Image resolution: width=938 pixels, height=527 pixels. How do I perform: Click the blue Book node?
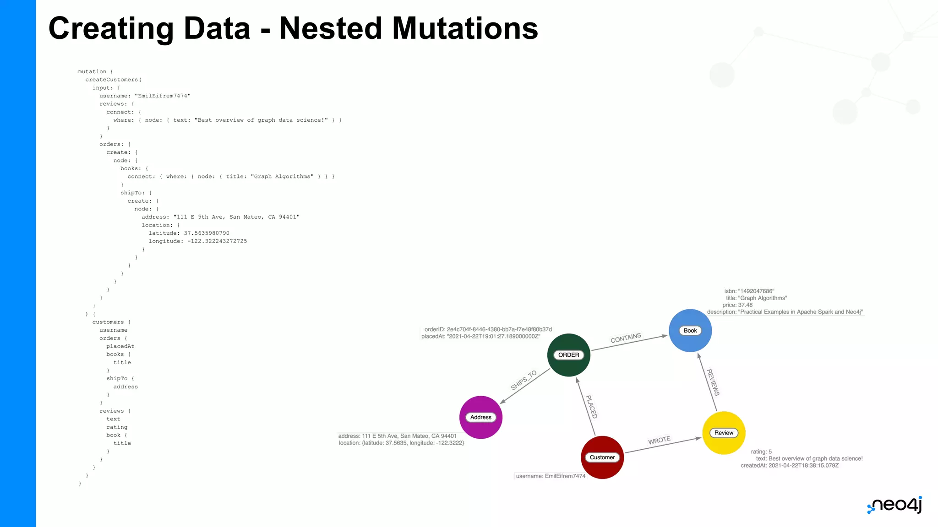690,331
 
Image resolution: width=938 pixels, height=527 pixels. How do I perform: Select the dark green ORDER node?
568,355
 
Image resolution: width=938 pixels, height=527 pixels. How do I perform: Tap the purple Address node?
480,417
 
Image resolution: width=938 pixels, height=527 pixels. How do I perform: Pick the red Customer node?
602,457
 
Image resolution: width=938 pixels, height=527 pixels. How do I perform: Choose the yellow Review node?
724,433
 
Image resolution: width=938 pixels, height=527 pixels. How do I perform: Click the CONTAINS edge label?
626,338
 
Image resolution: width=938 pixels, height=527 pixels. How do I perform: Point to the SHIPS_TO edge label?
524,380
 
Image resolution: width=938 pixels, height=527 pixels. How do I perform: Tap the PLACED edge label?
592,407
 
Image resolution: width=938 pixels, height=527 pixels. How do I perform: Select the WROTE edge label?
659,440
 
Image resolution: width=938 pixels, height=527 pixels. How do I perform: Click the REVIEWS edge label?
713,382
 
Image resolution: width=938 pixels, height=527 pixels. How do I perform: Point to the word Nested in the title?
330,28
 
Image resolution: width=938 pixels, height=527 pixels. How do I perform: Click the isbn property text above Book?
749,291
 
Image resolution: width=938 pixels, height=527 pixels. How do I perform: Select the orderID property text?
488,329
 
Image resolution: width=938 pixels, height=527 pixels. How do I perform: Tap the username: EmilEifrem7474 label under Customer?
551,476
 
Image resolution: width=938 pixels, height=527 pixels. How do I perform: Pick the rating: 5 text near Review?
761,452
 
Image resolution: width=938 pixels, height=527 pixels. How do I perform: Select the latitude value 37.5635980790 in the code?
207,233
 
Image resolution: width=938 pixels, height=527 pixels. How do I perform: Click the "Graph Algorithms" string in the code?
282,177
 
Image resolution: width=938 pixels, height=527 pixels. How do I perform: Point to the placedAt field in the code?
120,346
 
